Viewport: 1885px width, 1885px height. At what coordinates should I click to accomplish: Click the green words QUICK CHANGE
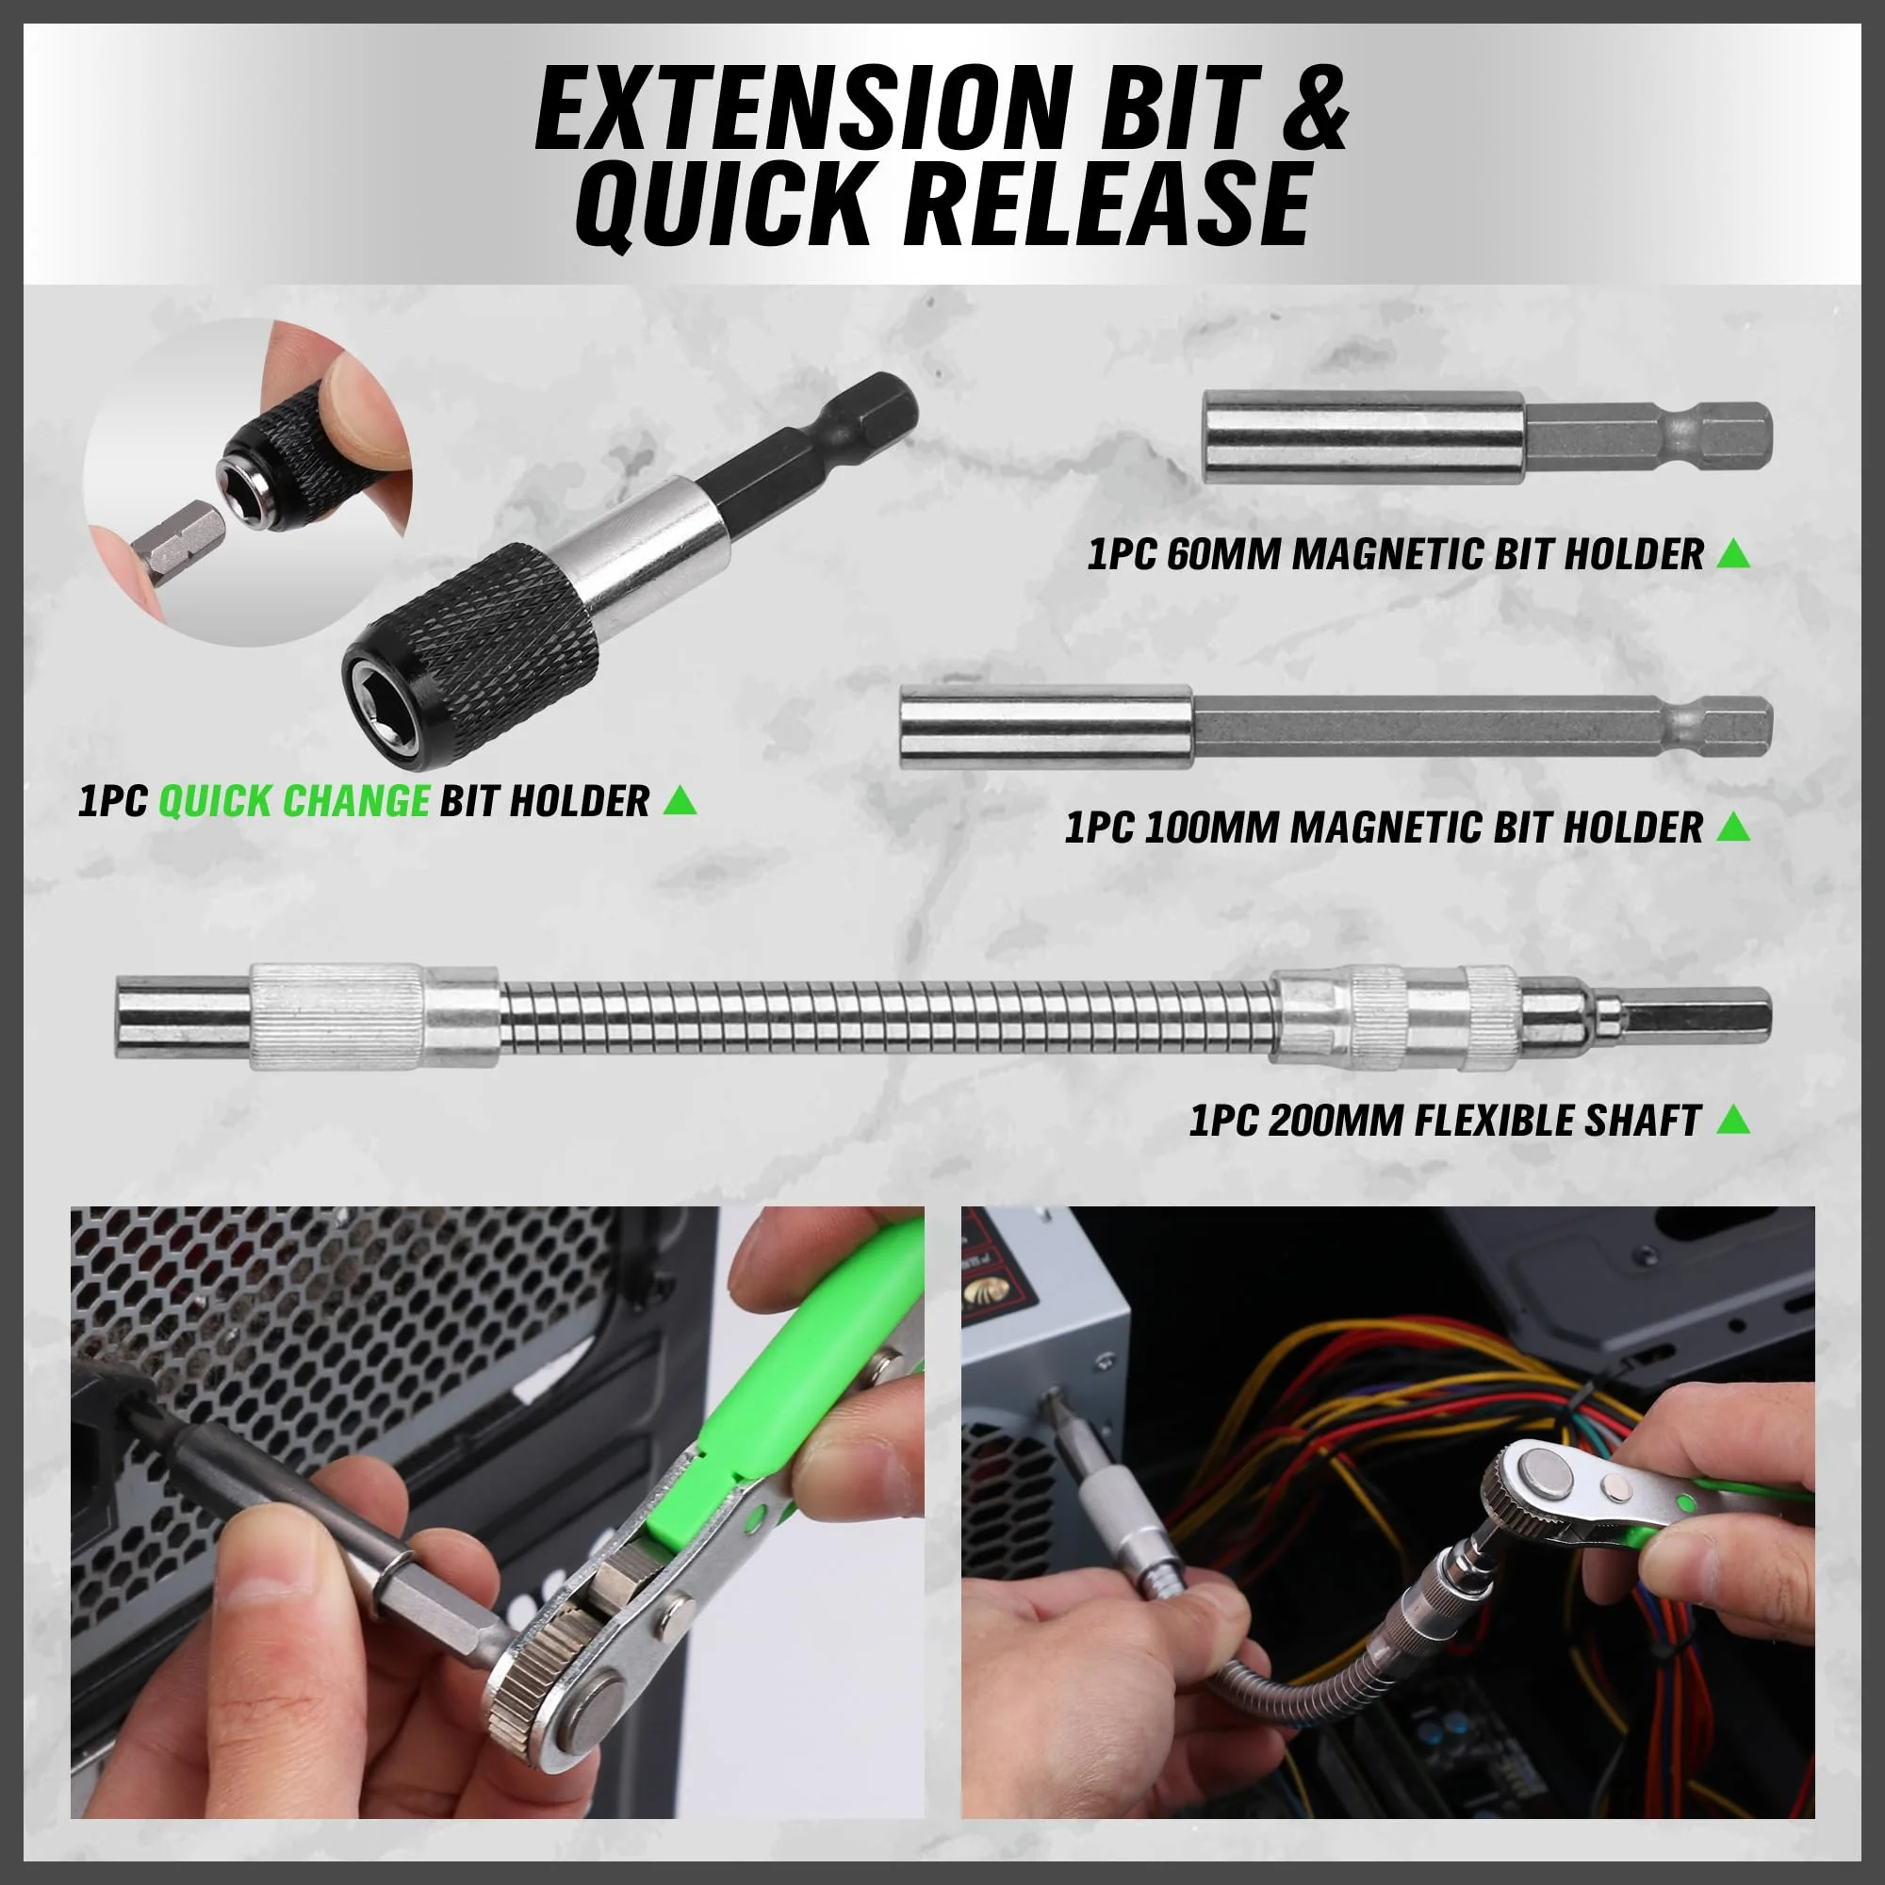(x=294, y=800)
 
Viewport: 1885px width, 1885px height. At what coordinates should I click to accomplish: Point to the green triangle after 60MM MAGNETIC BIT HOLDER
(x=1733, y=553)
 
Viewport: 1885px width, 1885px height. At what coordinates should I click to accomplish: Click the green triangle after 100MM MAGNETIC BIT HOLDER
(x=1733, y=828)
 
